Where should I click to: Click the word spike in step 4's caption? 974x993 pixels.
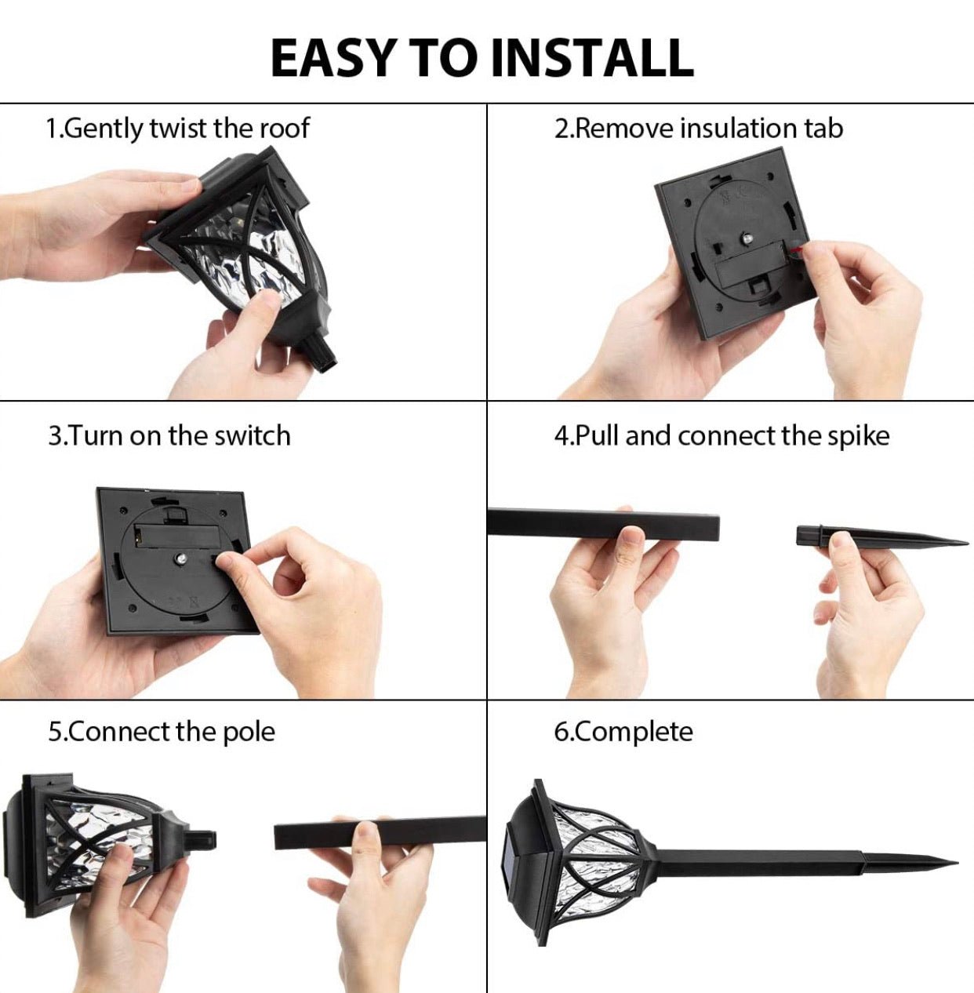[859, 436]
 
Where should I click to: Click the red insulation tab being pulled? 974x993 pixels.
[794, 250]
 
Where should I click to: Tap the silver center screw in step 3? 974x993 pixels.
[181, 558]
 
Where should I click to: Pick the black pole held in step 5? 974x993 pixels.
[380, 832]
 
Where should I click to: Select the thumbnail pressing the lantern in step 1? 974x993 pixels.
[270, 300]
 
